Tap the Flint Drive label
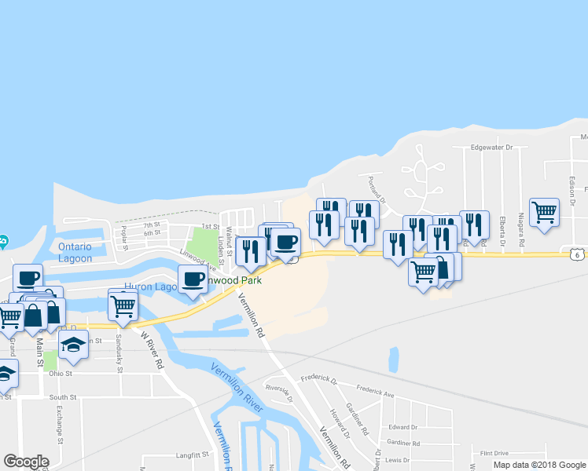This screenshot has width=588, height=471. pyautogui.click(x=494, y=453)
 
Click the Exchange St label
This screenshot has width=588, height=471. pyautogui.click(x=60, y=429)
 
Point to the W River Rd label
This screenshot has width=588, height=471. pyautogui.click(x=151, y=349)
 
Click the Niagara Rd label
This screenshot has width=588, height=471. pyautogui.click(x=520, y=230)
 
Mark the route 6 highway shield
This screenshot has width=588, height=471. pyautogui.click(x=577, y=254)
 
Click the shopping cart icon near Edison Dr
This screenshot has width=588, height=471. pyautogui.click(x=544, y=211)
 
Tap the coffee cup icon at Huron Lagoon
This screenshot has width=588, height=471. pyautogui.click(x=193, y=278)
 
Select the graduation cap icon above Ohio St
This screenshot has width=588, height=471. pyautogui.click(x=73, y=344)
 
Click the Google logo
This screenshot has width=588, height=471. pyautogui.click(x=26, y=462)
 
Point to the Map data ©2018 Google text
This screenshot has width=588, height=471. pyautogui.click(x=540, y=465)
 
